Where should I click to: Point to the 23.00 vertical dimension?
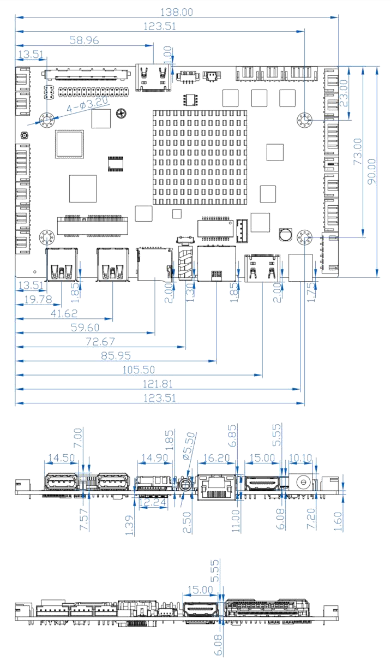click(344, 92)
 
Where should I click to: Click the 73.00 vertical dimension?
click(358, 152)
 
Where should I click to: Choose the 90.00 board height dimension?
click(372, 171)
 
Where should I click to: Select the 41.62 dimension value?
click(63, 313)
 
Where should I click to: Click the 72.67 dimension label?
click(99, 342)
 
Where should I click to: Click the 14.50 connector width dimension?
click(61, 457)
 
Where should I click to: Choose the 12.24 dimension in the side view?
click(153, 502)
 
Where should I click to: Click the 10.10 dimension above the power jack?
click(300, 457)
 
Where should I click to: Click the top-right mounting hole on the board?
click(305, 120)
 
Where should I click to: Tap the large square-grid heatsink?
click(200, 157)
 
